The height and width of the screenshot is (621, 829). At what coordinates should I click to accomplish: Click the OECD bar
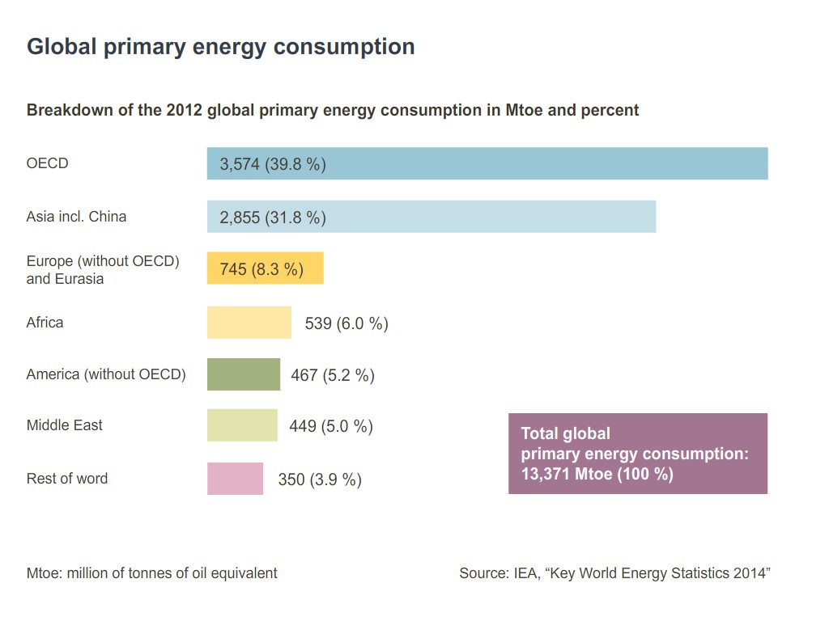coord(487,163)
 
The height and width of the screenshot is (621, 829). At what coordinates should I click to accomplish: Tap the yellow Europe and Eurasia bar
coord(265,268)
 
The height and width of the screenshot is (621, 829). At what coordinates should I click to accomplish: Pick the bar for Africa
coord(249,322)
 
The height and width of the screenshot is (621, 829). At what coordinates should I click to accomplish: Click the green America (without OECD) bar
coord(243,374)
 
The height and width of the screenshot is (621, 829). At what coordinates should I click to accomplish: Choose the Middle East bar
coord(241,425)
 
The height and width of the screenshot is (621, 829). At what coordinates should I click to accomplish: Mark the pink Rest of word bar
coord(235,479)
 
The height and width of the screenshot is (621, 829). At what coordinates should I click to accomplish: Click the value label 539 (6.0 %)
coord(346,323)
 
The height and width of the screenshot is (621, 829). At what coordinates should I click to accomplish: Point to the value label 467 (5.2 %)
coord(333,375)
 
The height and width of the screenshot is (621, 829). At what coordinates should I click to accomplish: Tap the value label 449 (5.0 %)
coord(331,426)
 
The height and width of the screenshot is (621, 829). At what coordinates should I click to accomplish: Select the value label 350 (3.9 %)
coord(320,479)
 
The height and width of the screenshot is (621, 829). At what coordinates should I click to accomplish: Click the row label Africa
coord(45,323)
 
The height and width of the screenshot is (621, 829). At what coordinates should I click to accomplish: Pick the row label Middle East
coord(65,425)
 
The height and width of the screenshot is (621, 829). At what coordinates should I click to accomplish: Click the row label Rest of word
coord(67,479)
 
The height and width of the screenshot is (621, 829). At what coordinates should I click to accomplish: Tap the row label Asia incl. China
coord(76,217)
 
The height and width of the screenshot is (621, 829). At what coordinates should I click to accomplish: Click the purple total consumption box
coord(637,454)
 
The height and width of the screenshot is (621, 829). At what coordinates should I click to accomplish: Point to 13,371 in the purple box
coord(546,475)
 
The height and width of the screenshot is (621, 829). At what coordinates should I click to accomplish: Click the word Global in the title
coord(62,47)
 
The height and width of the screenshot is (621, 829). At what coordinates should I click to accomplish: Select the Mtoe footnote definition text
coord(152,573)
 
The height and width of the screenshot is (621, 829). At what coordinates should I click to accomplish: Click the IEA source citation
coord(614,573)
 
